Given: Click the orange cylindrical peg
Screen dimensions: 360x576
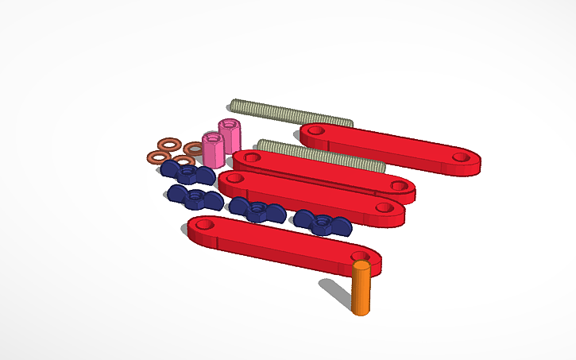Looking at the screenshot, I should pyautogui.click(x=361, y=289).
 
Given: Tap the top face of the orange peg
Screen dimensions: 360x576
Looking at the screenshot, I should pyautogui.click(x=361, y=266).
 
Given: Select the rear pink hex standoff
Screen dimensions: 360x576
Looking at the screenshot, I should pyautogui.click(x=230, y=134).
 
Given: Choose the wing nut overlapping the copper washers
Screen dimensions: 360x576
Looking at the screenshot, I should pyautogui.click(x=187, y=172).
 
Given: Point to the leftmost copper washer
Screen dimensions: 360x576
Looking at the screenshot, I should pyautogui.click(x=157, y=156).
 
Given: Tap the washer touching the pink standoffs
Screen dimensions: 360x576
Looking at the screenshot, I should pyautogui.click(x=194, y=149).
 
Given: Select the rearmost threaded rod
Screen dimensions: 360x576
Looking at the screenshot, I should pyautogui.click(x=290, y=113).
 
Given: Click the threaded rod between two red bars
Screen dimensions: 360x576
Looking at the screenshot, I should pyautogui.click(x=322, y=154).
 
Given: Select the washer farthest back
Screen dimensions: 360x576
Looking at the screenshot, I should pyautogui.click(x=168, y=144).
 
